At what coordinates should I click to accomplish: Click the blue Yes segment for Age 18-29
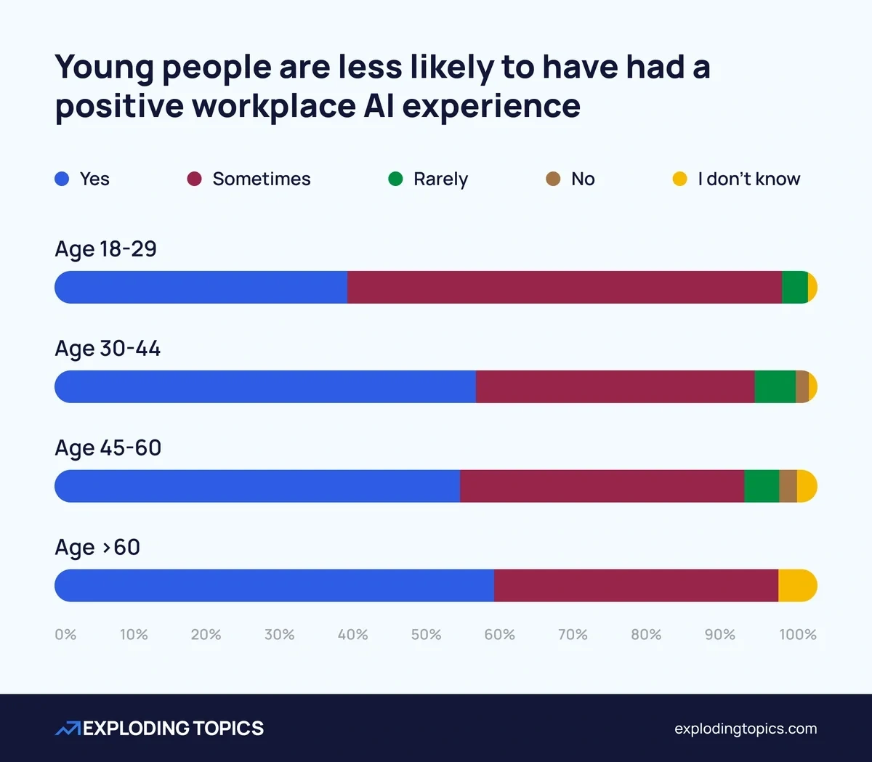click(x=201, y=288)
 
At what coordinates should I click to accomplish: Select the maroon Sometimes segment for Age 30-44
click(x=615, y=386)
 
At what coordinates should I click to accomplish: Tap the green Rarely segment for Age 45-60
click(x=762, y=486)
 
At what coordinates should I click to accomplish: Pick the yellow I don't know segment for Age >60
click(x=797, y=585)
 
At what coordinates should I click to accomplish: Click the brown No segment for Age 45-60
click(x=788, y=486)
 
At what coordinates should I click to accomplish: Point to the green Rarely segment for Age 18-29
click(x=794, y=288)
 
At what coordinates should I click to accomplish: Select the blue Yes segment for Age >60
click(x=275, y=585)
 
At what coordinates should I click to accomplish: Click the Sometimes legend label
click(x=261, y=179)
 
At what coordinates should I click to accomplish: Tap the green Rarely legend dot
click(x=395, y=179)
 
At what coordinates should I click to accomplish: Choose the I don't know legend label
click(x=748, y=179)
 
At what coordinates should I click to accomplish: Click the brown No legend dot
click(x=553, y=179)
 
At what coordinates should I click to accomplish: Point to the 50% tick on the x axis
click(x=426, y=635)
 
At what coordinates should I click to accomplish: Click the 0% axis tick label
click(x=65, y=635)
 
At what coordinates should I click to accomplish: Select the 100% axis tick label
click(x=797, y=635)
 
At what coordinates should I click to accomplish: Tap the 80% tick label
click(x=646, y=635)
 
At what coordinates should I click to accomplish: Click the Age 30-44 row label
click(x=108, y=349)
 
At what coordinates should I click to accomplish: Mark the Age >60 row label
click(x=97, y=547)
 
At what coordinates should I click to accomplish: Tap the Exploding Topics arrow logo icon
click(x=68, y=729)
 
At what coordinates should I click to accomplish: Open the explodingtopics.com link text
click(x=746, y=729)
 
